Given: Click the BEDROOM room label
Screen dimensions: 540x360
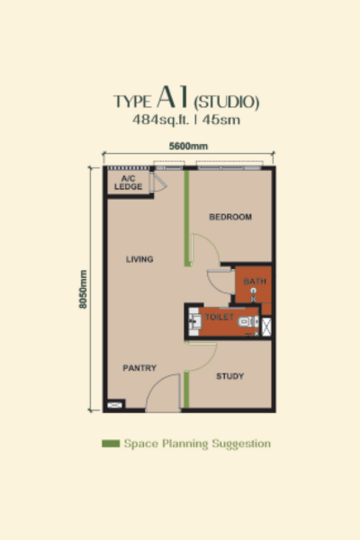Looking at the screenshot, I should pos(229,217).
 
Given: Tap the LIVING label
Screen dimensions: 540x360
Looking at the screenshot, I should pos(139,259).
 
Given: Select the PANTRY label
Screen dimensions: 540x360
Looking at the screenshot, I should pos(139,367).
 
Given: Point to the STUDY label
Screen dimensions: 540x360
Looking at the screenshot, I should pos(230,376).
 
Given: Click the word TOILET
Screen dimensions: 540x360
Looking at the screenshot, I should pos(219,318).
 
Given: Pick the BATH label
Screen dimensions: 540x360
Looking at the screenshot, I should pos(255,282).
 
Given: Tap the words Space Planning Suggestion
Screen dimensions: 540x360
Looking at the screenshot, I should pos(197,444).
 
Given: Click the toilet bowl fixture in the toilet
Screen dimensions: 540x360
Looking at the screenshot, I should pos(245,319).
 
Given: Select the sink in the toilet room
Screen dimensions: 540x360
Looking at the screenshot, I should pos(194,319).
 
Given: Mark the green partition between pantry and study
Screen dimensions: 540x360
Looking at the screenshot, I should pos(186,389).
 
